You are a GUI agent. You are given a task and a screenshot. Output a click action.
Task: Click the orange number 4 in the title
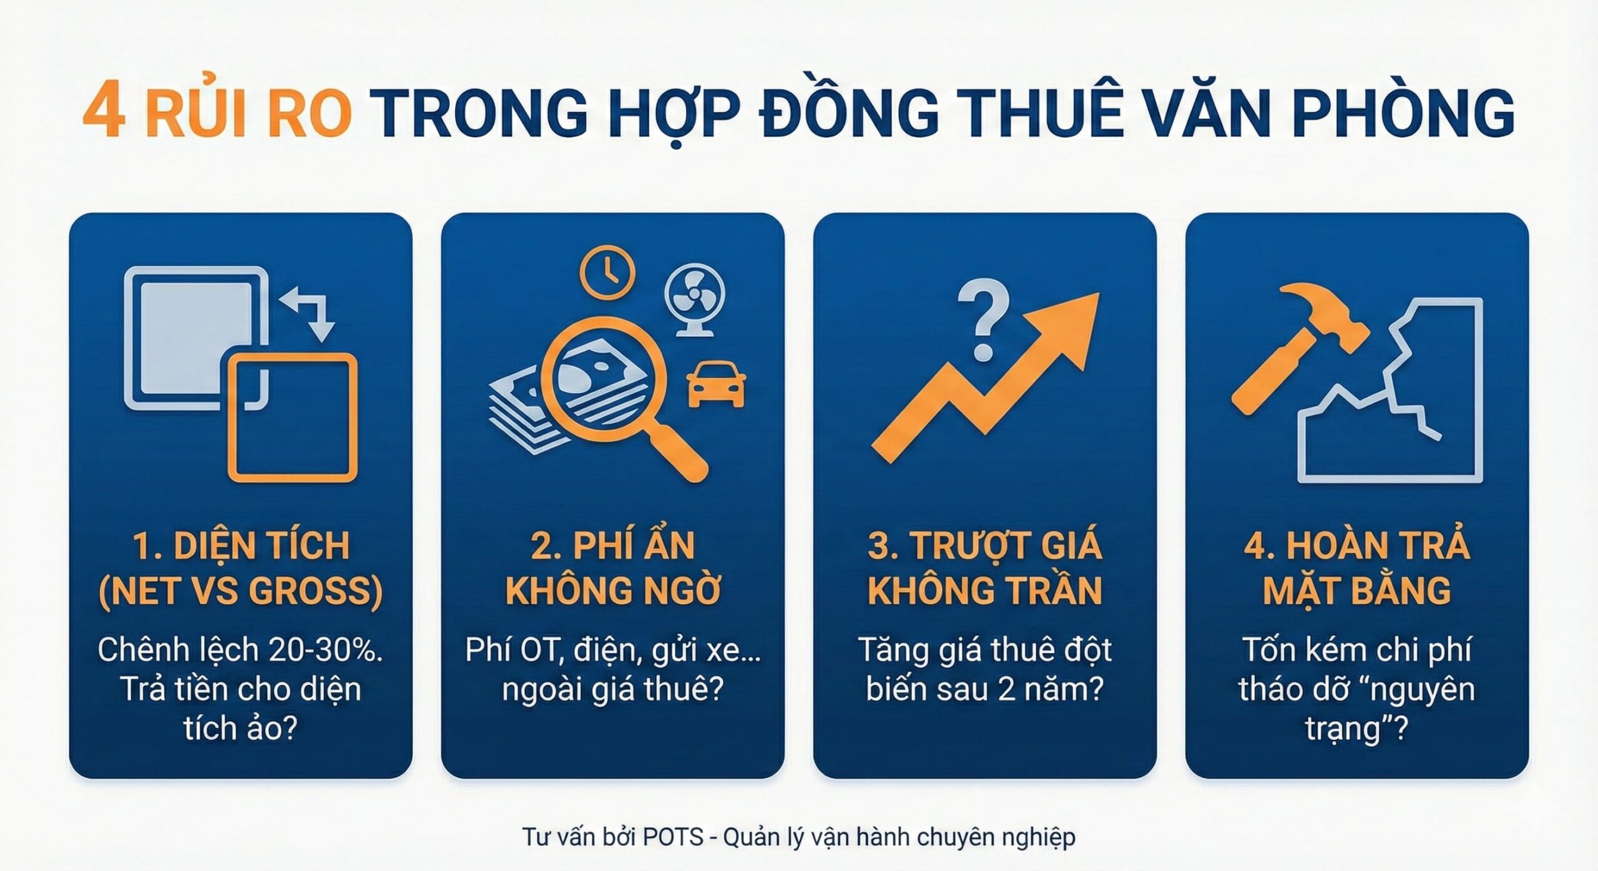[104, 112]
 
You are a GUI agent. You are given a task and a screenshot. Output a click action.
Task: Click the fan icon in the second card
[694, 297]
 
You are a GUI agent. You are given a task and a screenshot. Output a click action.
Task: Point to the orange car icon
[715, 386]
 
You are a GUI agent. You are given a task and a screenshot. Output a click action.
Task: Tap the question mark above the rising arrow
[983, 318]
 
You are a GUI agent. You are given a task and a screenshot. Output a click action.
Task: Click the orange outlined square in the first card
[292, 417]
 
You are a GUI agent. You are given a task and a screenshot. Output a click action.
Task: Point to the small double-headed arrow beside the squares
[310, 313]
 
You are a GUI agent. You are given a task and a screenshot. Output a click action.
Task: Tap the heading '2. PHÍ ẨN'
[612, 545]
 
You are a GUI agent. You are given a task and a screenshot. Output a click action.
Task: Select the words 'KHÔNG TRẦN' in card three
[984, 590]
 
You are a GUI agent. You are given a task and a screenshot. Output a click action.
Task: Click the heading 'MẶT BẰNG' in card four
[1356, 590]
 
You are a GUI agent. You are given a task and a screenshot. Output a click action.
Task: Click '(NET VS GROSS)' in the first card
[240, 590]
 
